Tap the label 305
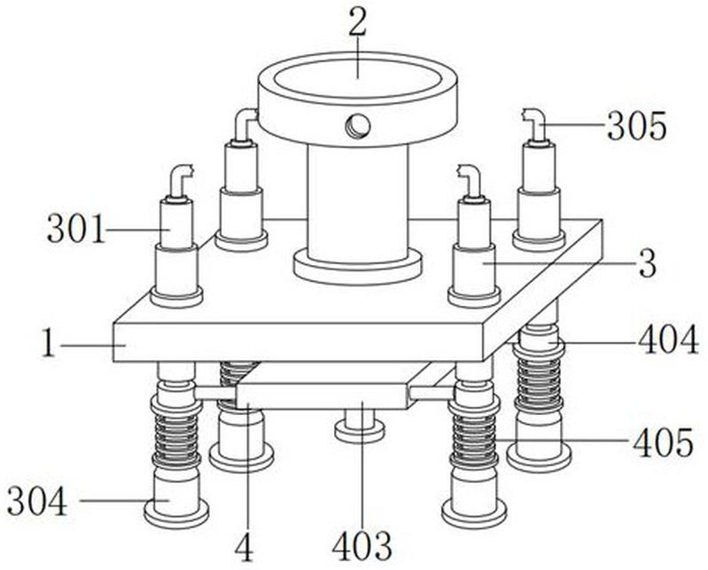click(636, 126)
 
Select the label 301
click(76, 229)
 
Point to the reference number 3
click(648, 264)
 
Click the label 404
click(668, 340)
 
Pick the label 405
click(663, 442)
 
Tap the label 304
click(37, 502)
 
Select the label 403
click(362, 545)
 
